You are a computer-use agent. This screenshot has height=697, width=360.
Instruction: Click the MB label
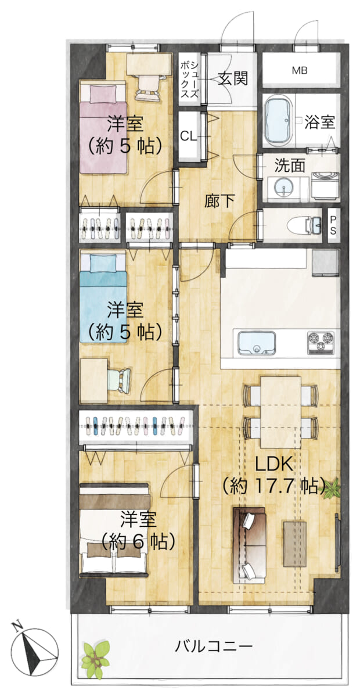click(300, 71)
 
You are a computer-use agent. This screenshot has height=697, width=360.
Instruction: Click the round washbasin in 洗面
click(283, 188)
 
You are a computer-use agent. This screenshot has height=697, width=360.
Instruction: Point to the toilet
click(304, 225)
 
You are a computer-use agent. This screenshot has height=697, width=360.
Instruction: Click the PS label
click(333, 225)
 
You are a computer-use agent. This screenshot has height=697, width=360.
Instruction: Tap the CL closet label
click(189, 136)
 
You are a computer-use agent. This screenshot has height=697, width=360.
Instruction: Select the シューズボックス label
click(189, 80)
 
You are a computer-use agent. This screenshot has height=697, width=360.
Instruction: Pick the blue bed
click(103, 298)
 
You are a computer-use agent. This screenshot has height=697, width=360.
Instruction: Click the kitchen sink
click(257, 343)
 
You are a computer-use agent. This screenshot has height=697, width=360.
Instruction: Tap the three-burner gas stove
click(321, 343)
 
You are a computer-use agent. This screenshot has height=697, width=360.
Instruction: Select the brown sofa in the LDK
click(249, 545)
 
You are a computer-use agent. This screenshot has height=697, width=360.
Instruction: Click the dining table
click(280, 412)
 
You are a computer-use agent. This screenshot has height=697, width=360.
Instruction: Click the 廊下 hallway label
click(219, 201)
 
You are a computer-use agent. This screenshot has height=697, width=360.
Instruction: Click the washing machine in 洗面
click(325, 185)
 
